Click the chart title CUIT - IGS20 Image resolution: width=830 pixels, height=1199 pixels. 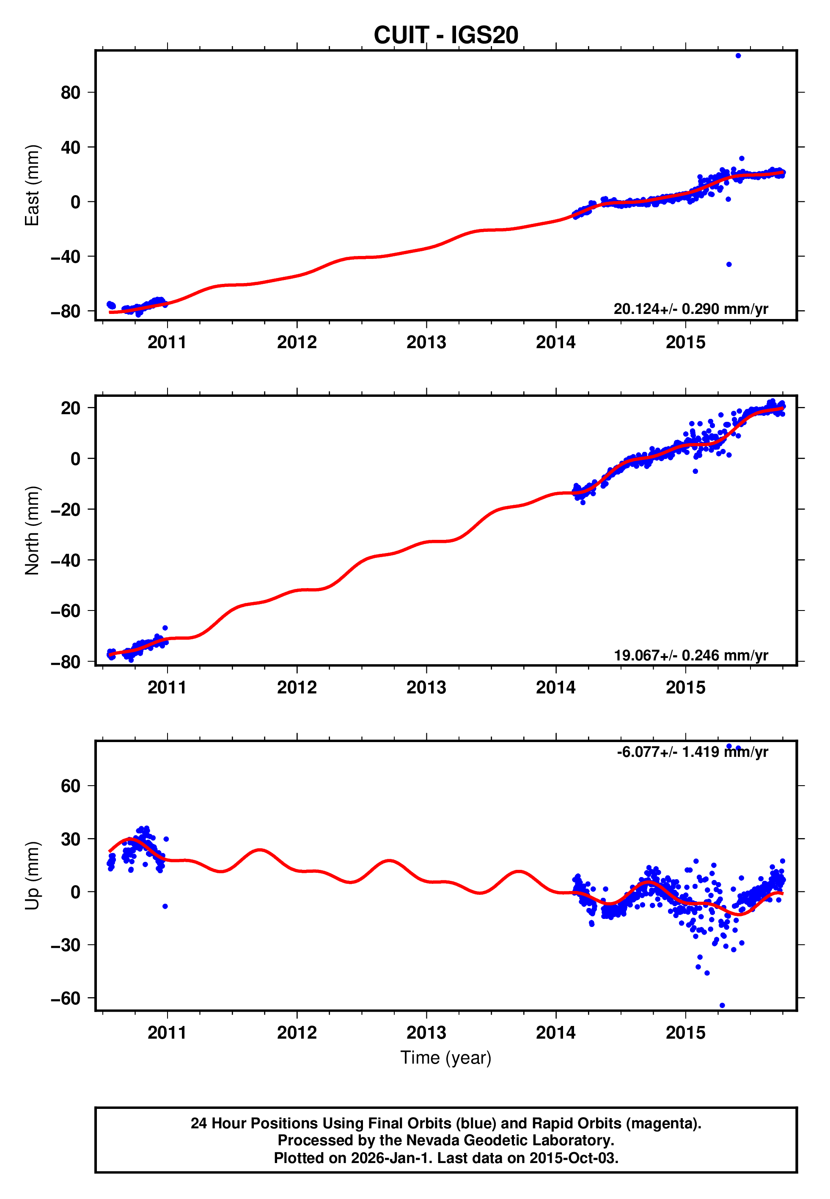446,36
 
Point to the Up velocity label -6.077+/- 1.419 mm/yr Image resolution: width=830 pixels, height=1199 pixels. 692,752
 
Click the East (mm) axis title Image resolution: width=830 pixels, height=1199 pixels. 32,185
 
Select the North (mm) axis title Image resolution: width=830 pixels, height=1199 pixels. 32,531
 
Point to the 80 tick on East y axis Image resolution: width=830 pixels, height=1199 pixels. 70,93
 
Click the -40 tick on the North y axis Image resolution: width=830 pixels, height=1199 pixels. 65,560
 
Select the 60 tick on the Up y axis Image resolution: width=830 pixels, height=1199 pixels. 70,786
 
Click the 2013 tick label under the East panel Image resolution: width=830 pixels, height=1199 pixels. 426,342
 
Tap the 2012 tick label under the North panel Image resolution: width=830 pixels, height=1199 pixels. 297,687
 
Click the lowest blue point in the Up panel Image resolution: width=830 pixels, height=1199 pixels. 722,1005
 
